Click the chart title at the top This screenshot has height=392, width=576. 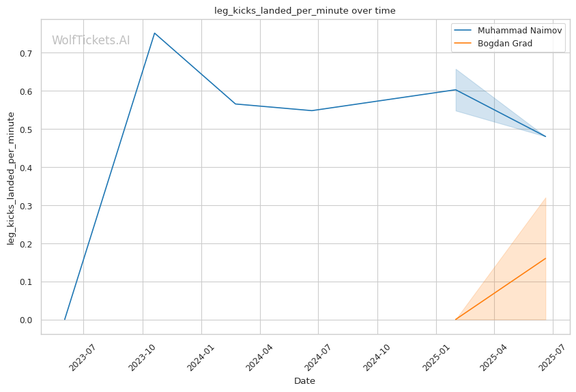[x=305, y=11]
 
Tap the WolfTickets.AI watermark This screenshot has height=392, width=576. [x=91, y=40]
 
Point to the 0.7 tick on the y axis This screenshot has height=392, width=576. [x=27, y=54]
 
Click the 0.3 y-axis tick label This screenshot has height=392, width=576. [x=27, y=207]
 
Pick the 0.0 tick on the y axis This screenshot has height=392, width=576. [x=27, y=320]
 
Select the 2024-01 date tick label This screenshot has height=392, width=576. [x=201, y=357]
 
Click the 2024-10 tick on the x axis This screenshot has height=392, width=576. [x=377, y=357]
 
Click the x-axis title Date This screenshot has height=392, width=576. [x=304, y=381]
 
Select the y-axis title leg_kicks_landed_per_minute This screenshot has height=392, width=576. [x=11, y=179]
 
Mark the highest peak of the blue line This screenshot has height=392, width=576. [x=155, y=33]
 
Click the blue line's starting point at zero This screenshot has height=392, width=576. [x=65, y=320]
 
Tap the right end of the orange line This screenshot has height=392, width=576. [x=546, y=258]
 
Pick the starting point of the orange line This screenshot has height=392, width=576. [x=455, y=320]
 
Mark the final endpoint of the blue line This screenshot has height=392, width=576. [x=546, y=136]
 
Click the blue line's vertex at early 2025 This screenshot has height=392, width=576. [x=455, y=89]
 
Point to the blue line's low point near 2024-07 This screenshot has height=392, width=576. [x=311, y=110]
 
